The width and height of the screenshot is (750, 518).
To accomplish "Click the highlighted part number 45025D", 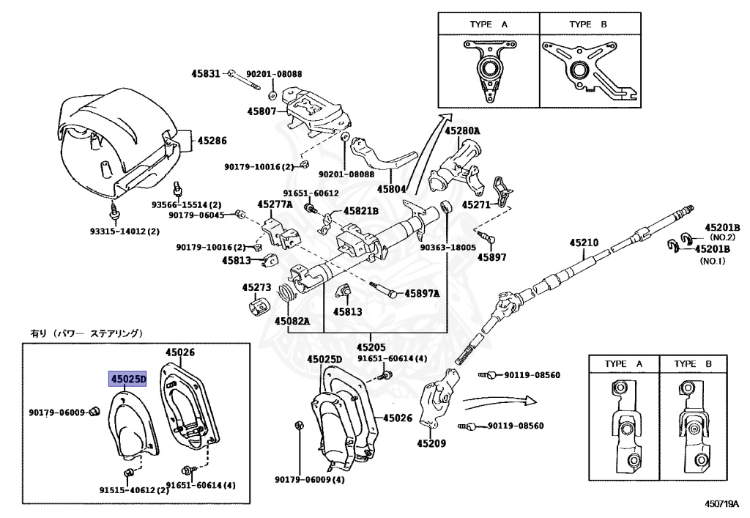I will tap(128, 379).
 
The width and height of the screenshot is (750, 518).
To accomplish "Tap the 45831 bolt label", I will tap(207, 74).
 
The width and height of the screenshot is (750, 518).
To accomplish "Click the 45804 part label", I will tap(392, 188).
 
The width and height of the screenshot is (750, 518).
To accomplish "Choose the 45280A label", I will tap(463, 131).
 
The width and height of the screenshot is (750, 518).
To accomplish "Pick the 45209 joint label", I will tap(432, 443).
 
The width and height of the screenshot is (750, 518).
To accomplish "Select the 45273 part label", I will tap(257, 288).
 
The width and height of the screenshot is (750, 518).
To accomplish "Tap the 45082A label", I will tap(293, 321).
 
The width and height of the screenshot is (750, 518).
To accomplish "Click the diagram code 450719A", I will tap(723, 505).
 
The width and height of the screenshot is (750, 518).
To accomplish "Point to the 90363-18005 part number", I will tap(448, 248).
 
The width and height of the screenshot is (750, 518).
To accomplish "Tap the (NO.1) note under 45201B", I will tap(713, 261).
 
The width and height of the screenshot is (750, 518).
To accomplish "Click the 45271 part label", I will tap(477, 207).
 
